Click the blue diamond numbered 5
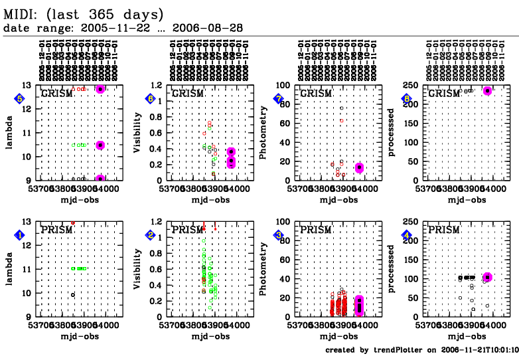pyautogui.click(x=20, y=99)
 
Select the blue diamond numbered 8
pyautogui.click(x=407, y=99)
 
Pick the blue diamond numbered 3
pyautogui.click(x=279, y=235)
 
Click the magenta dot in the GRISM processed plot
pyautogui.click(x=487, y=90)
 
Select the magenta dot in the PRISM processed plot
pyautogui.click(x=487, y=277)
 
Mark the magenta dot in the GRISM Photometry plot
pyautogui.click(x=359, y=167)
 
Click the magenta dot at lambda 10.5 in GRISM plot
pyautogui.click(x=100, y=145)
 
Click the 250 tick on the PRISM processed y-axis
pyautogui.click(x=415, y=222)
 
